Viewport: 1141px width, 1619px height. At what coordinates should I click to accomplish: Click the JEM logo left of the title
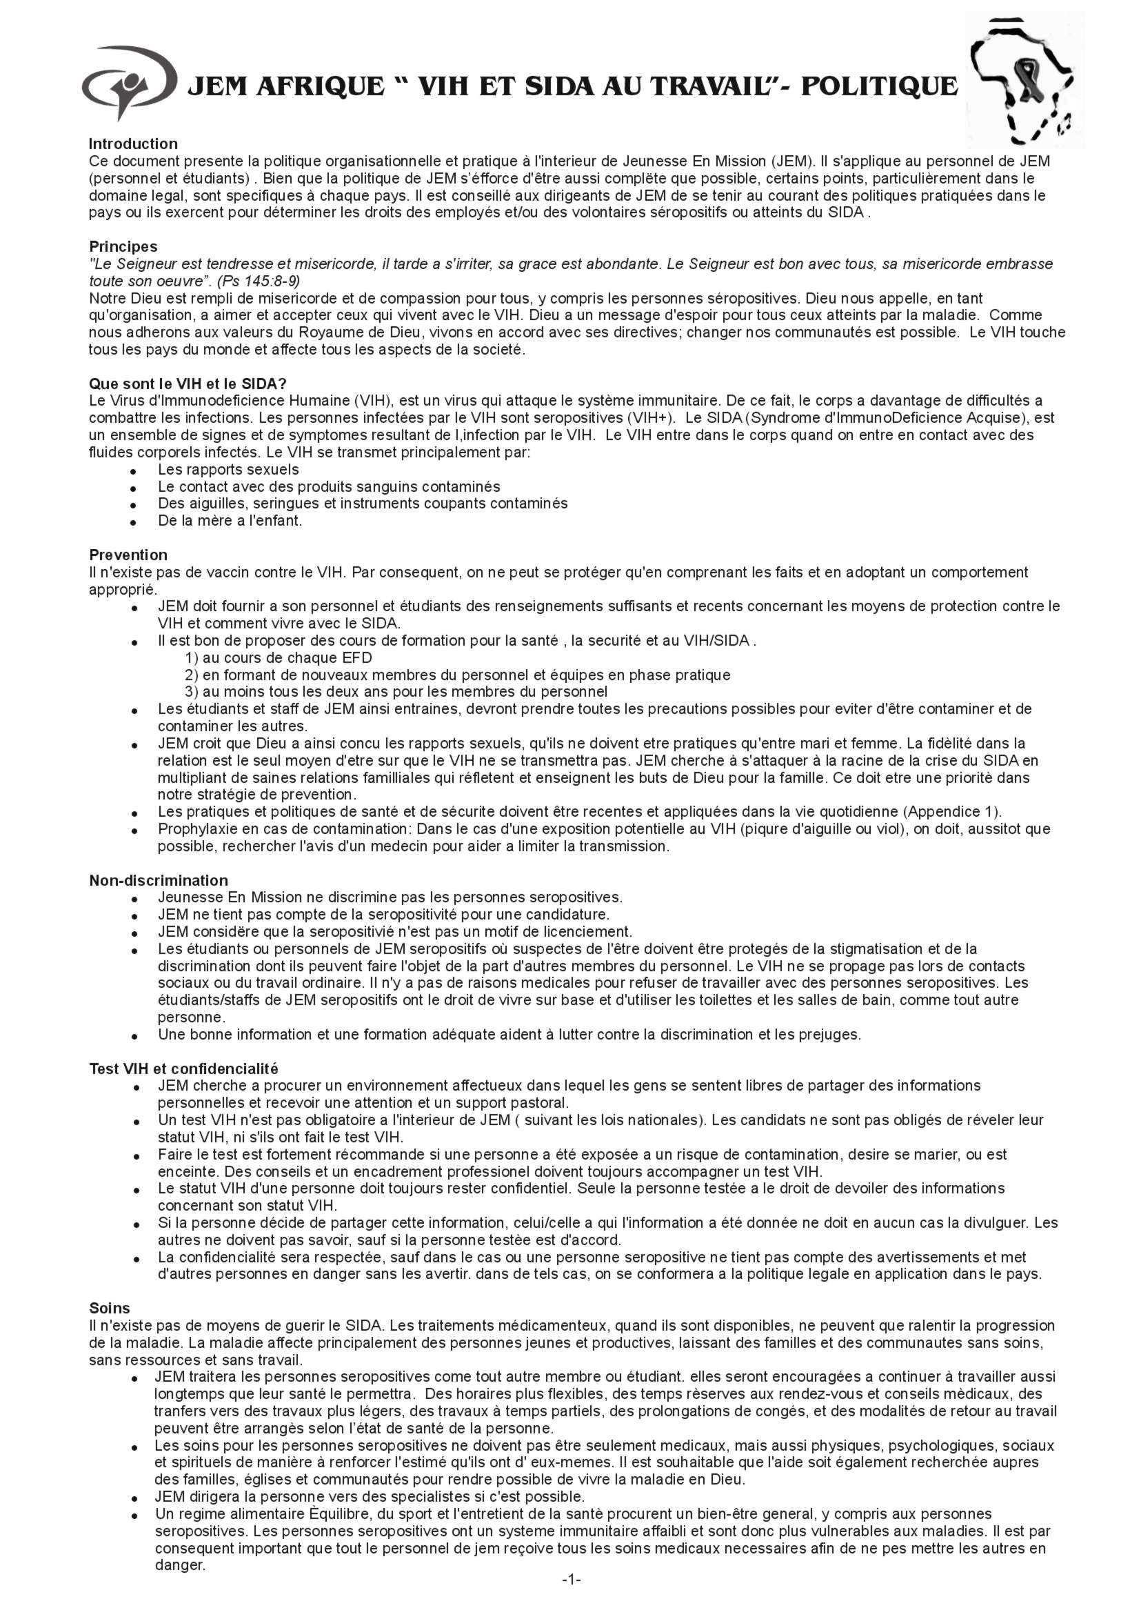click(127, 83)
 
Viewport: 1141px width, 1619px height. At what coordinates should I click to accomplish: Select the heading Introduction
click(133, 145)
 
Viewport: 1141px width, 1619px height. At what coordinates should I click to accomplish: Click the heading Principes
click(123, 247)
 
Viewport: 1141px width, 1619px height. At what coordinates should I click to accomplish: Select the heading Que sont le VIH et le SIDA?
click(188, 384)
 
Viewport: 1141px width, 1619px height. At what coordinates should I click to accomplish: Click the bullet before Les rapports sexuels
click(133, 471)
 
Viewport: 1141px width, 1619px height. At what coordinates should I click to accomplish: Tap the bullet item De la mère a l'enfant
click(230, 521)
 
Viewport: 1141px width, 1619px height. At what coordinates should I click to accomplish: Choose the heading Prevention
click(128, 555)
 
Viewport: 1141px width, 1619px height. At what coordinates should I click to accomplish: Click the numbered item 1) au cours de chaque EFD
click(279, 658)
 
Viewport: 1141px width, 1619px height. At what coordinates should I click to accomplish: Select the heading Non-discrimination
click(158, 881)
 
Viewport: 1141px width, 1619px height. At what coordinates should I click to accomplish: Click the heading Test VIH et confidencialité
click(183, 1069)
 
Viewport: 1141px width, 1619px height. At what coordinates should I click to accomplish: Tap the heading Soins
click(109, 1309)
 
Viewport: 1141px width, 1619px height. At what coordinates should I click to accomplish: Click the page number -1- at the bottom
click(571, 1599)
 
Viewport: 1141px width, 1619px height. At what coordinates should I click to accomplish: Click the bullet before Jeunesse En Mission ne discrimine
click(133, 899)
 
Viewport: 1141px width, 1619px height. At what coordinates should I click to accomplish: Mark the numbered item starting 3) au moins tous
click(395, 692)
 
